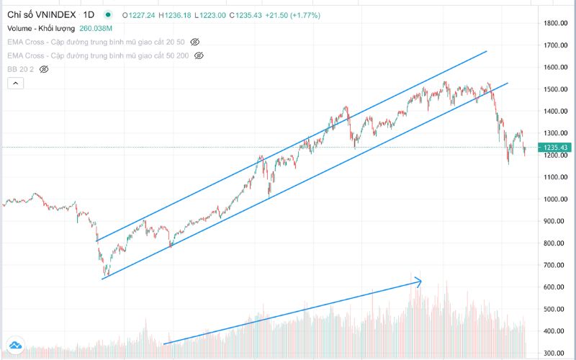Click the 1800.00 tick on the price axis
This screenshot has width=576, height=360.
pyautogui.click(x=557, y=23)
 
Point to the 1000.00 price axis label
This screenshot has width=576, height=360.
pyautogui.click(x=557, y=199)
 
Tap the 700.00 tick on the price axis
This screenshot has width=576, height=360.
pyautogui.click(x=559, y=266)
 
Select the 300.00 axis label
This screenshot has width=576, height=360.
pyautogui.click(x=559, y=354)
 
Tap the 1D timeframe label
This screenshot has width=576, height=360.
pyautogui.click(x=89, y=14)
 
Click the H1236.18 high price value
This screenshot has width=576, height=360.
pyautogui.click(x=175, y=14)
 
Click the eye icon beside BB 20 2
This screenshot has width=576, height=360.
pyautogui.click(x=44, y=69)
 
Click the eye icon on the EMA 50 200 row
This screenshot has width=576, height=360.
pyautogui.click(x=199, y=55)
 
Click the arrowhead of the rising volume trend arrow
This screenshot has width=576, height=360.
pyautogui.click(x=418, y=282)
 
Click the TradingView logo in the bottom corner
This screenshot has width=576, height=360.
pyautogui.click(x=14, y=346)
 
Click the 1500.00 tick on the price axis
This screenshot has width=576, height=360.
pyautogui.click(x=557, y=89)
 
